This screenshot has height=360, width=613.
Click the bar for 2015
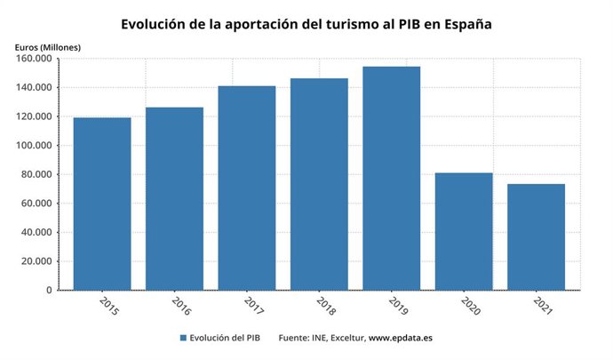click(102, 204)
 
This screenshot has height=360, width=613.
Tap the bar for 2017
click(247, 188)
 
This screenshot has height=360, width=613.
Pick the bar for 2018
click(319, 184)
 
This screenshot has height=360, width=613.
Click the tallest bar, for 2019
click(392, 178)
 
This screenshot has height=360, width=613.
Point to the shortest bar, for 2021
click(537, 236)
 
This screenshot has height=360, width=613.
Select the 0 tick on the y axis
click(48, 290)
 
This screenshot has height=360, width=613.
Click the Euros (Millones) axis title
click(47, 45)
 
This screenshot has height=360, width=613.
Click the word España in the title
click(465, 23)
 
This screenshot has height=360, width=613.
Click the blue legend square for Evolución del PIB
click(183, 339)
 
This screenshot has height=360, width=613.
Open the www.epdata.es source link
click(401, 339)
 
